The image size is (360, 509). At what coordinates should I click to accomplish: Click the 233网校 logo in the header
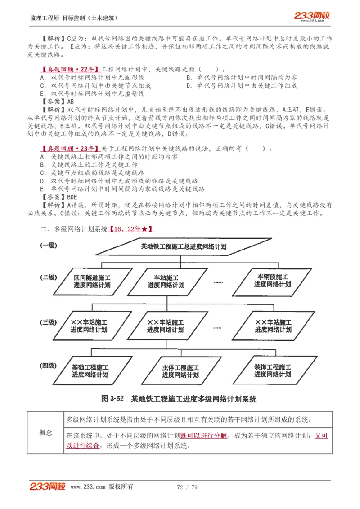click(312, 16)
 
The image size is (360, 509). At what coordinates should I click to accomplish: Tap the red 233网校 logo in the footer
click(48, 487)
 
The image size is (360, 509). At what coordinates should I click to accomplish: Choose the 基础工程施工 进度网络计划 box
click(90, 371)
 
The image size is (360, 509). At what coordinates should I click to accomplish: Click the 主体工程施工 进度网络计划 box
click(180, 371)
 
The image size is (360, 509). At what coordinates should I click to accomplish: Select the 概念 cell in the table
click(46, 433)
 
